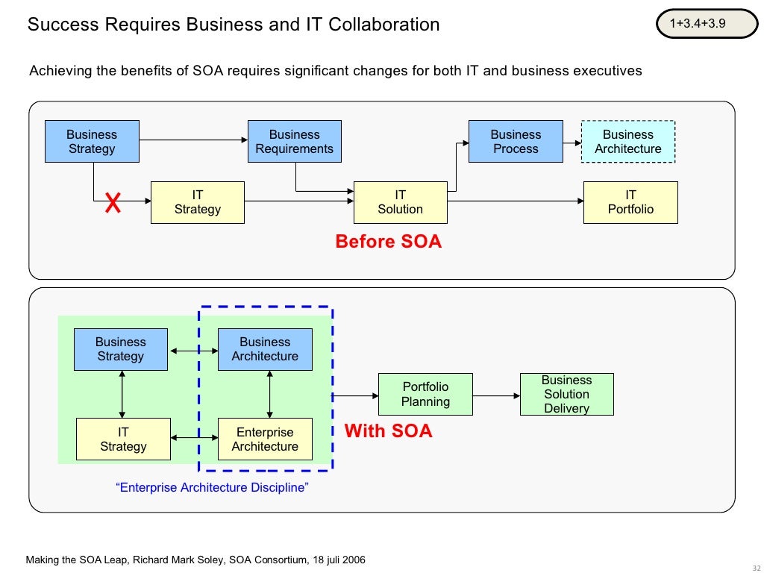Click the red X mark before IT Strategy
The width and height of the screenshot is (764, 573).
click(113, 202)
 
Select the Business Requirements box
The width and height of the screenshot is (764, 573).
click(294, 141)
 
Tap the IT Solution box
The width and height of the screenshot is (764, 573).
click(400, 202)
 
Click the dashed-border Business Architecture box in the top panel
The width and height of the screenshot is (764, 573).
click(627, 141)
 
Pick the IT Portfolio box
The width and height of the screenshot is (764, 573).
click(630, 202)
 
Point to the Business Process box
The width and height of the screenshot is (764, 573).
click(516, 141)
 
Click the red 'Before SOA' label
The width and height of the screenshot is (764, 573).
click(388, 242)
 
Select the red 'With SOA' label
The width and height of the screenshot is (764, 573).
click(388, 431)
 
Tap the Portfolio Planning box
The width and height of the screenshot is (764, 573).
click(425, 394)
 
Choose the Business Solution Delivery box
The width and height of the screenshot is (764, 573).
click(566, 394)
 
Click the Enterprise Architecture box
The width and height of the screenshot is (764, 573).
click(265, 439)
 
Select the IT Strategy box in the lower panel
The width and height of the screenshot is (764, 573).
click(123, 439)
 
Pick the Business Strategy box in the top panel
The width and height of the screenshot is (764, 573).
click(92, 141)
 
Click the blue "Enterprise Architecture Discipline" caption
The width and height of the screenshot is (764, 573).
click(213, 488)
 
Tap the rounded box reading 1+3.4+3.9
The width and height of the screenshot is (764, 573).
click(698, 24)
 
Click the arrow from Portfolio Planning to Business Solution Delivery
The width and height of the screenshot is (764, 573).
click(495, 395)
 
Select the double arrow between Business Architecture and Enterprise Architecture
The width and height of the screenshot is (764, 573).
click(269, 395)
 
